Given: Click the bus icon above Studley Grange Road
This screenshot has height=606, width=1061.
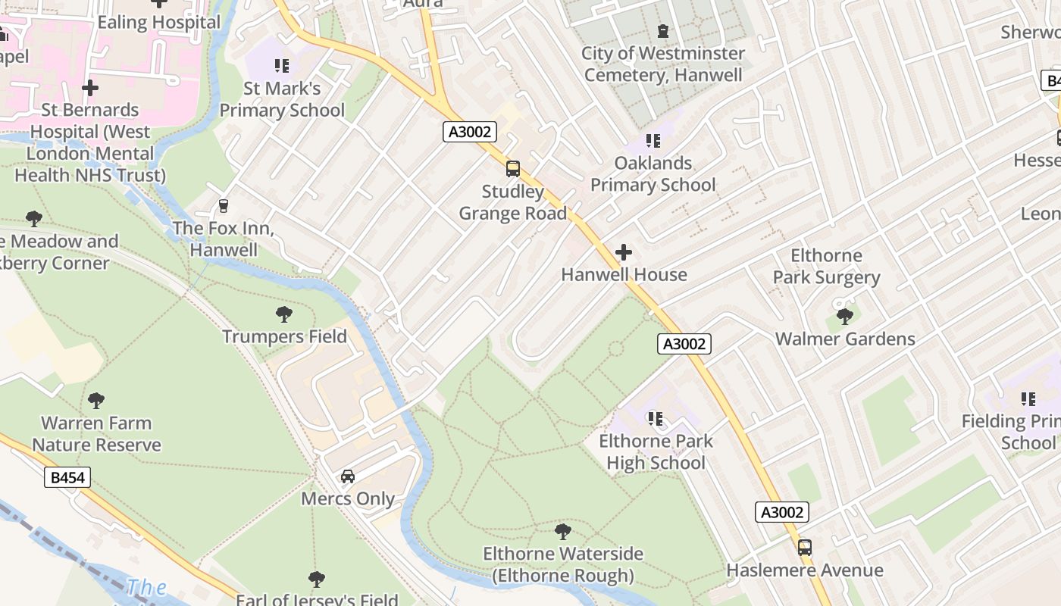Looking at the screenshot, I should (513, 168).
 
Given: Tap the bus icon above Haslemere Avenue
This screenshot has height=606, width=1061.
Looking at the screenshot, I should (805, 547).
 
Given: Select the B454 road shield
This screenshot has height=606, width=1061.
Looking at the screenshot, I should (67, 477).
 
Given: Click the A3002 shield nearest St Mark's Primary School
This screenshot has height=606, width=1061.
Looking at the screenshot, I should (470, 132).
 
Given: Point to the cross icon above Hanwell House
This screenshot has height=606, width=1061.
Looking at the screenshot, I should (624, 252).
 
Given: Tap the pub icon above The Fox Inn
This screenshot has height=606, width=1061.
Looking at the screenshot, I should (223, 205).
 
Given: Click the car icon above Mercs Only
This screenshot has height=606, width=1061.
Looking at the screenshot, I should (348, 476).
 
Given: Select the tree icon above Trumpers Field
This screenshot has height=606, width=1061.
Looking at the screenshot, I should (284, 314).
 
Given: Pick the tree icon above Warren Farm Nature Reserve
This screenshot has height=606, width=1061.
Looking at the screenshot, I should (96, 400).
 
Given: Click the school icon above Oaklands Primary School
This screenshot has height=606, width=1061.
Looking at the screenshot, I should (653, 141).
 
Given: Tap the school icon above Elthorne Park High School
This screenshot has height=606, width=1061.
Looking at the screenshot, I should (656, 418).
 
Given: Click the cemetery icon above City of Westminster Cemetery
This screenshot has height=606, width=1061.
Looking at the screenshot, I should (663, 31).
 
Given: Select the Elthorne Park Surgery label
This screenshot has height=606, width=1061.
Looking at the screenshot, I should (826, 267).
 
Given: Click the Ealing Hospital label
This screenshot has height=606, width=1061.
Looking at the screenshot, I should (158, 22).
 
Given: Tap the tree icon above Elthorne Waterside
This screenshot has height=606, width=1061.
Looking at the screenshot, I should (562, 531).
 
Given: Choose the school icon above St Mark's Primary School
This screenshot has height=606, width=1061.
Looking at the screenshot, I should (282, 66).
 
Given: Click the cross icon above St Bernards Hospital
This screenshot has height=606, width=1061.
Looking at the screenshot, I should (90, 88).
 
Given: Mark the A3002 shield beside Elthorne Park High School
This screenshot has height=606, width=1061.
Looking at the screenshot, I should (684, 344).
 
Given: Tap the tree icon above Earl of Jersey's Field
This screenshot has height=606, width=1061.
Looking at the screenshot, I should (317, 579).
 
